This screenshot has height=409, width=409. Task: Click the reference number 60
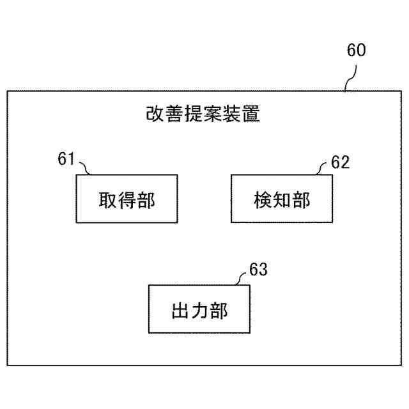tap(357, 50)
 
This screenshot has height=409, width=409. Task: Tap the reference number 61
tap(66, 159)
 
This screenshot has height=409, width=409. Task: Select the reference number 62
tap(341, 162)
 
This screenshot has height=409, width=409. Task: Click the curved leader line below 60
tap(350, 81)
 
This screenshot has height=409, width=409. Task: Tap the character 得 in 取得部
tap(127, 199)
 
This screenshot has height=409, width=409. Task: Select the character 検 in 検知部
tap(261, 199)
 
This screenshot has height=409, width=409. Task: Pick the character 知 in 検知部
tap(281, 199)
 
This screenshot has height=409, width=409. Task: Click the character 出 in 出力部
tap(180, 311)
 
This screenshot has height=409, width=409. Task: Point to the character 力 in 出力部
tap(200, 311)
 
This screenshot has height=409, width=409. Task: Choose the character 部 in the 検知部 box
tap(302, 199)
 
